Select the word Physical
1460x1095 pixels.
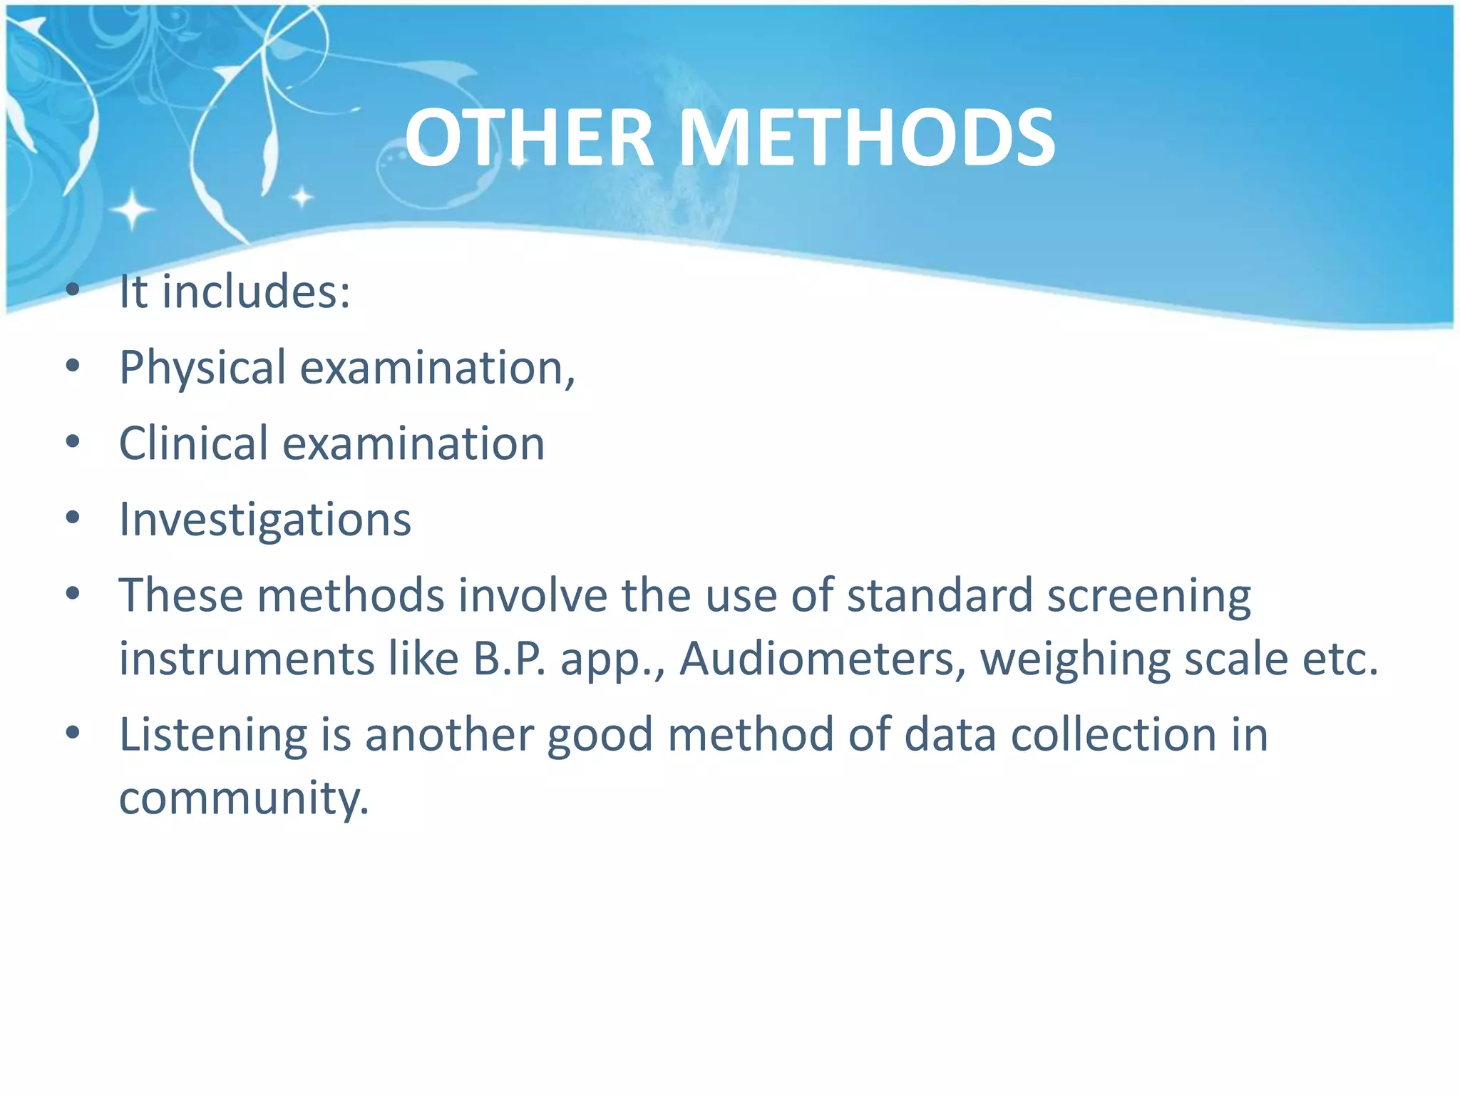(202, 369)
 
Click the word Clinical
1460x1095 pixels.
(193, 444)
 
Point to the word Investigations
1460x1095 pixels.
(265, 520)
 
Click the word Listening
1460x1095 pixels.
(213, 736)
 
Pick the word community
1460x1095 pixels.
(244, 798)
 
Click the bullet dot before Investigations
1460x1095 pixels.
(73, 518)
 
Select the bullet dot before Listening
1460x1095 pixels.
(73, 733)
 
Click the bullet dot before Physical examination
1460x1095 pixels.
(73, 366)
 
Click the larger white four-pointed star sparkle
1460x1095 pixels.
(132, 210)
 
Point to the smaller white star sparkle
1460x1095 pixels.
(302, 197)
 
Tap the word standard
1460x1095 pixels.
(940, 595)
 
